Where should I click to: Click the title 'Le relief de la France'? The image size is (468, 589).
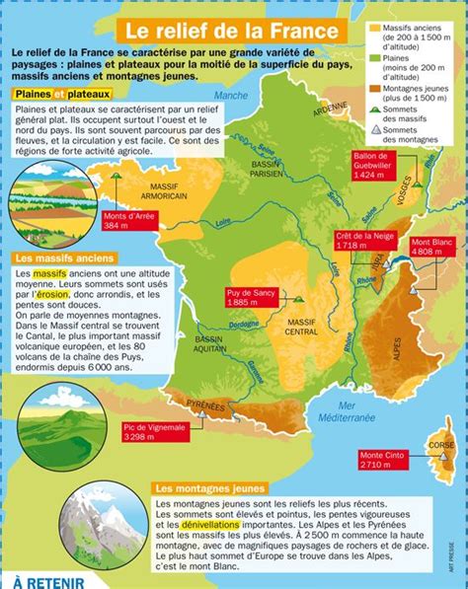[235, 29]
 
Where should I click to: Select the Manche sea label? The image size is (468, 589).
[232, 96]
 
